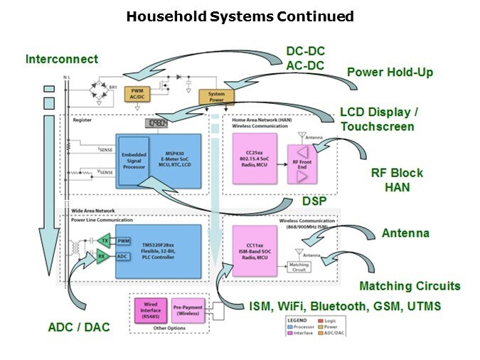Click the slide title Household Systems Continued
(240, 16)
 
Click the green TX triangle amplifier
(104, 240)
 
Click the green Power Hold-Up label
(389, 72)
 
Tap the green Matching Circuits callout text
(409, 286)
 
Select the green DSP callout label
(313, 201)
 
